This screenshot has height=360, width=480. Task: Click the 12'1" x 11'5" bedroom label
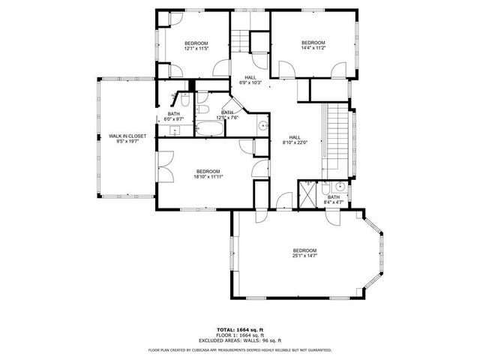196,47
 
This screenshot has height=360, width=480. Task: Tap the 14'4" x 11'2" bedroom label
313,46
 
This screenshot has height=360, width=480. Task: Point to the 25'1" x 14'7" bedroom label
304,254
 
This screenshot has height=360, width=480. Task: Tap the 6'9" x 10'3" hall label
250,80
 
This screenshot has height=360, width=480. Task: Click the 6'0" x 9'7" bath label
173,117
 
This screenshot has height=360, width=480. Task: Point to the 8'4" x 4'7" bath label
334,200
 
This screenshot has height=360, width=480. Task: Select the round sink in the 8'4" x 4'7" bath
339,187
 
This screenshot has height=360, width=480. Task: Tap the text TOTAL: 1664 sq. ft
240,329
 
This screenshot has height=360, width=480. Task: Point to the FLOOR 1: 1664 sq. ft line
240,334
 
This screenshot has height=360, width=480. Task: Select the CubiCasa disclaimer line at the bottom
240,349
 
